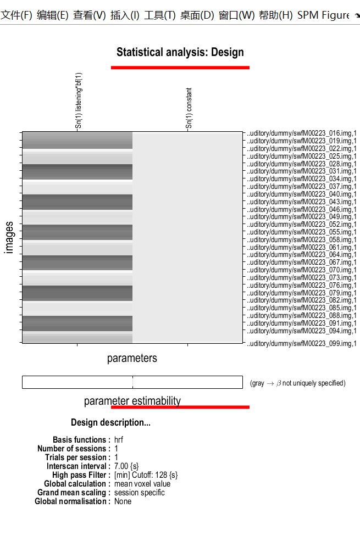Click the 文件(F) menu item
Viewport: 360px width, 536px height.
click(16, 15)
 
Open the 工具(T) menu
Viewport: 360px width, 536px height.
click(159, 15)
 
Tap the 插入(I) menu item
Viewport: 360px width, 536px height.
click(125, 15)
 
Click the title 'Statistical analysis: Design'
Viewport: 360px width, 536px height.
click(180, 53)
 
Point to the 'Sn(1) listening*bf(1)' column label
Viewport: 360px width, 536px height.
click(79, 101)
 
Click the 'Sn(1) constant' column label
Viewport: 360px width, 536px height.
click(189, 109)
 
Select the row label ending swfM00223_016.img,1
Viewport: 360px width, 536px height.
click(302, 133)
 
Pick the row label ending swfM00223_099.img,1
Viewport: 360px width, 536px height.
click(302, 343)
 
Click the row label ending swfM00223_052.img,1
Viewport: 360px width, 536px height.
click(302, 225)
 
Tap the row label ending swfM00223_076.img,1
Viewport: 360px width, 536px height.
click(302, 285)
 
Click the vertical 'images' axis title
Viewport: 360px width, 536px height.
click(9, 237)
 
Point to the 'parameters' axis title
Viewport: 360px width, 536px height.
click(132, 359)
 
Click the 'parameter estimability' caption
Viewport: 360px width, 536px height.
click(132, 401)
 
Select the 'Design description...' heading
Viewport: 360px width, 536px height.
click(110, 423)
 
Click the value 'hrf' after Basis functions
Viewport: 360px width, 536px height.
click(119, 440)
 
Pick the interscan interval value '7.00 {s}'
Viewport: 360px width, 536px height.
click(126, 466)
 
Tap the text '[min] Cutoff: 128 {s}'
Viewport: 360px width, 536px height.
click(146, 475)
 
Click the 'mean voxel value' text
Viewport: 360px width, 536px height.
click(142, 484)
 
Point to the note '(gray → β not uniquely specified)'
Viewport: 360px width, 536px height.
click(297, 383)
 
